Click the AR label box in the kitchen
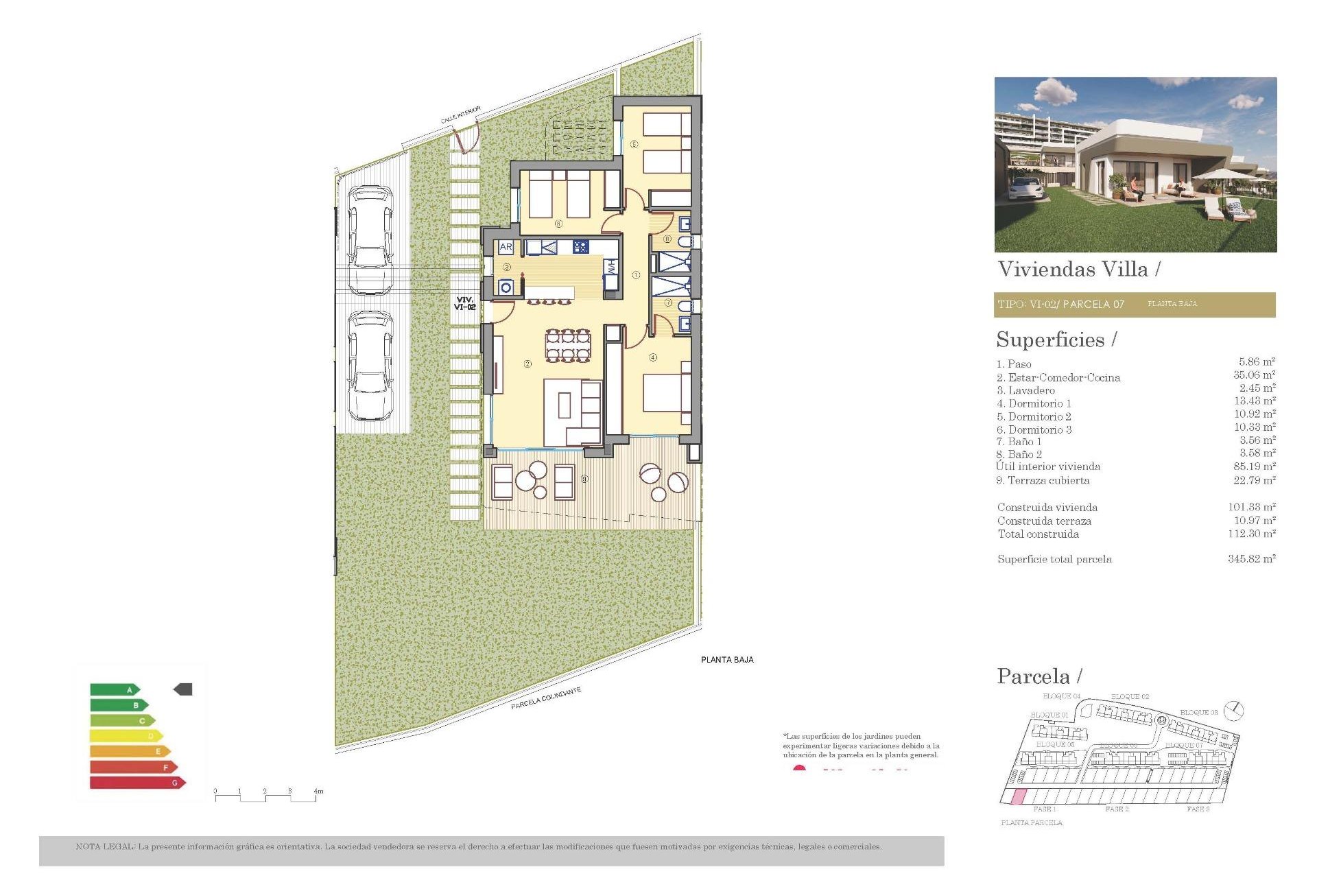click(x=506, y=247)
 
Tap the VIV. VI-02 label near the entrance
click(x=464, y=303)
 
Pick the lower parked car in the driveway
click(x=370, y=366)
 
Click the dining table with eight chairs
click(x=568, y=345)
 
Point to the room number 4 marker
click(x=653, y=357)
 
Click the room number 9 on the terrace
click(x=584, y=479)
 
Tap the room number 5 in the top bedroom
click(x=634, y=144)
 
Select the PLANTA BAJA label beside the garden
click(x=727, y=660)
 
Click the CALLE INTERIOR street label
click(x=460, y=115)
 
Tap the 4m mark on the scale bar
click(x=318, y=792)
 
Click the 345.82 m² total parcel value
click(x=1251, y=559)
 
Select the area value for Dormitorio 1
click(x=1255, y=401)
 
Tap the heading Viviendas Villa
click(x=1073, y=269)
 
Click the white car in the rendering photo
click(x=1025, y=188)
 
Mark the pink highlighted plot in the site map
click(x=1020, y=796)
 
